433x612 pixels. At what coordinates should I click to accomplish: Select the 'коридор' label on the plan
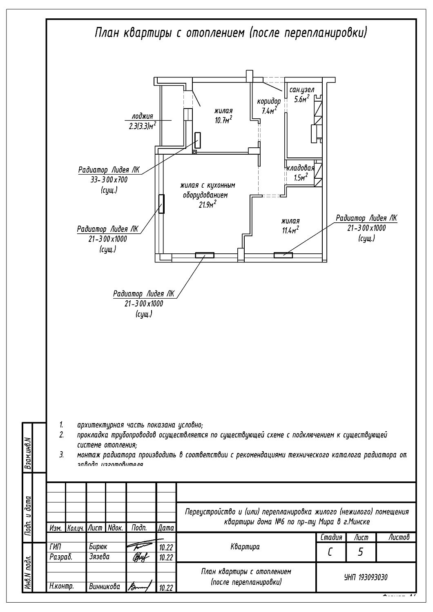point(268,101)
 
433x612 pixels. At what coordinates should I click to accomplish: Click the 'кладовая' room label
point(300,168)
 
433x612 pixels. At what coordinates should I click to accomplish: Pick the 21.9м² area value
point(207,205)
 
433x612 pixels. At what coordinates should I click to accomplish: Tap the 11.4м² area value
point(290,230)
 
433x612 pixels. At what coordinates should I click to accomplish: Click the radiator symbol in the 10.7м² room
point(198,140)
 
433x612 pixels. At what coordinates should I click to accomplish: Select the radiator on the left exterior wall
point(162,204)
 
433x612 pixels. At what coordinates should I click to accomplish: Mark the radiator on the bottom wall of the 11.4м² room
point(283,255)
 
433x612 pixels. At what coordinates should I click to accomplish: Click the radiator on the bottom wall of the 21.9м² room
point(204,256)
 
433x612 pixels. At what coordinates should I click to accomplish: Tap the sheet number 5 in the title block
point(360,552)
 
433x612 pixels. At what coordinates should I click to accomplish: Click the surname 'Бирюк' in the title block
point(98,547)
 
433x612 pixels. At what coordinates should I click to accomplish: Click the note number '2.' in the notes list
point(61,435)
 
